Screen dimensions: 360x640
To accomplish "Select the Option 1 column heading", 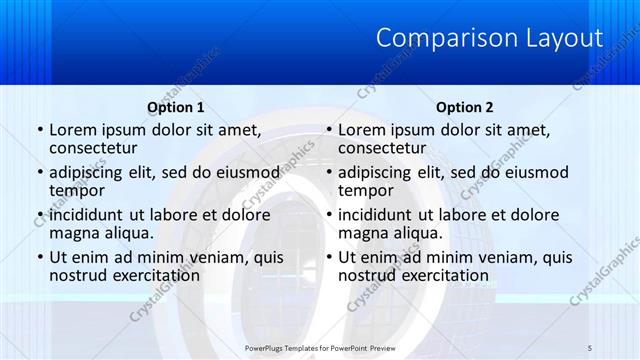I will click(x=176, y=107).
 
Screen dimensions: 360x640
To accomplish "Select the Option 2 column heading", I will click(x=465, y=107).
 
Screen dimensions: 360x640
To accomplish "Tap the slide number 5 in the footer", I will click(x=590, y=346).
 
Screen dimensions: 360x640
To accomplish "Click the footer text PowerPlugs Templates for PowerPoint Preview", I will click(x=320, y=346).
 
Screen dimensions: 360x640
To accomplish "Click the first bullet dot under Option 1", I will click(x=39, y=130).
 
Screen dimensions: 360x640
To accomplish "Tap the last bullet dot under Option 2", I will click(x=328, y=257).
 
